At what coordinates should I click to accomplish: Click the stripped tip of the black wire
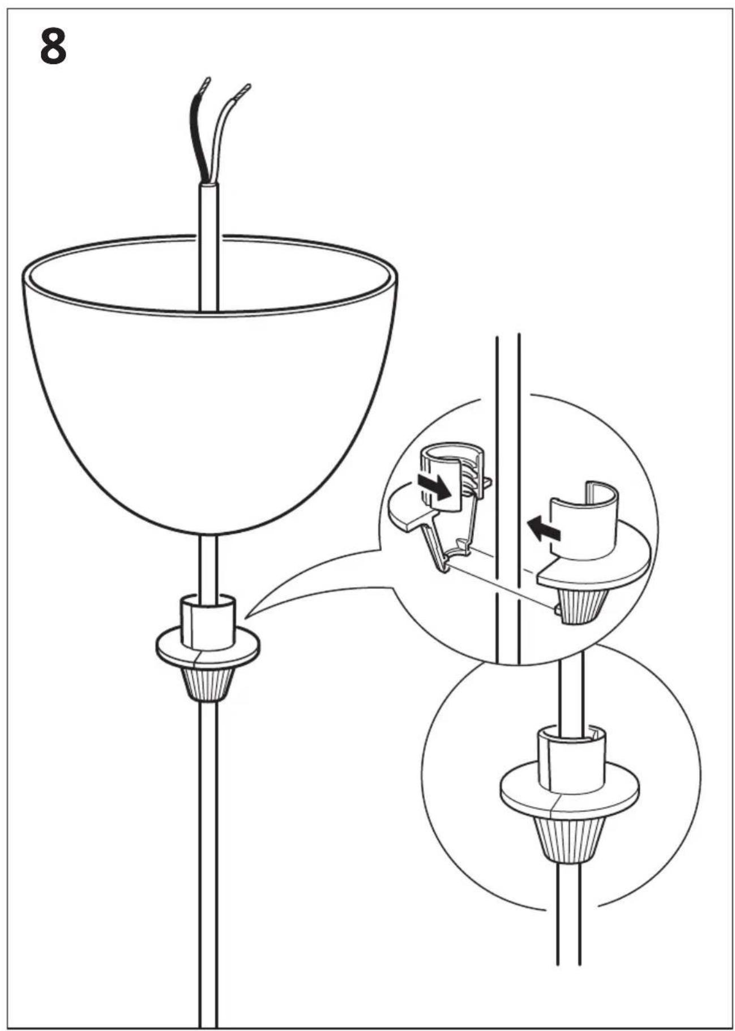click(206, 85)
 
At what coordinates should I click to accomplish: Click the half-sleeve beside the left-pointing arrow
click(584, 521)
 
